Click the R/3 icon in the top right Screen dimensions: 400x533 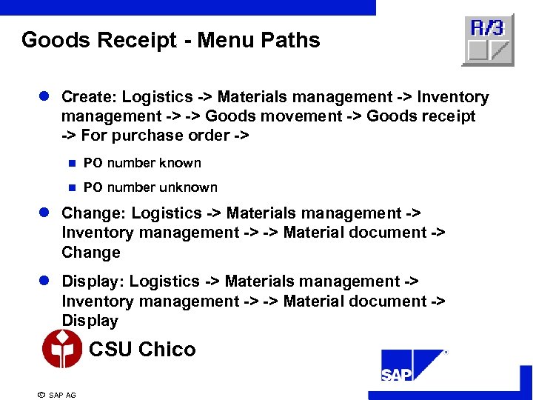click(488, 39)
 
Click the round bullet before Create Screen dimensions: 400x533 click(44, 97)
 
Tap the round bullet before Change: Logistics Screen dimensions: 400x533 click(44, 213)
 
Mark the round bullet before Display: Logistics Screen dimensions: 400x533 click(44, 281)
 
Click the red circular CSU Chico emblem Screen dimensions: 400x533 click(62, 349)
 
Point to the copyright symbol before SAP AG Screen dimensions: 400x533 click(41, 395)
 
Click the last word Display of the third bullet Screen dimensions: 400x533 click(90, 321)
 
